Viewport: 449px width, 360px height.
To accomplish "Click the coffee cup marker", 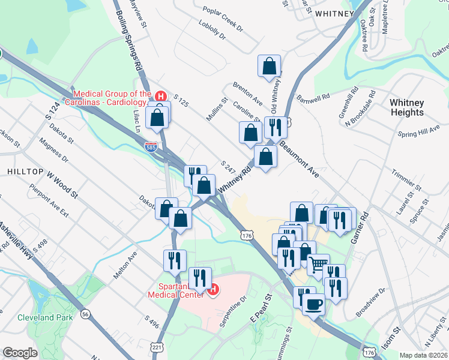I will pyautogui.click(x=313, y=304).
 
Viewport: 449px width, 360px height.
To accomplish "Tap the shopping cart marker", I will pyautogui.click(x=318, y=264).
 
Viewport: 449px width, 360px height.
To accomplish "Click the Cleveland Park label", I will pyautogui.click(x=45, y=317).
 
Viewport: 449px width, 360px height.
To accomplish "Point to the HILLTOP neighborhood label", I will pyautogui.click(x=25, y=172).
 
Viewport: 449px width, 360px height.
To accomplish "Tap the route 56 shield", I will pyautogui.click(x=86, y=314).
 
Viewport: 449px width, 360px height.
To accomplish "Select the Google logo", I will pyautogui.click(x=20, y=353).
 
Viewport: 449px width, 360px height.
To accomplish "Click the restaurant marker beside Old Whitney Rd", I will pyautogui.click(x=276, y=127).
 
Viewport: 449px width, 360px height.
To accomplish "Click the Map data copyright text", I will pyautogui.click(x=424, y=355).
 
